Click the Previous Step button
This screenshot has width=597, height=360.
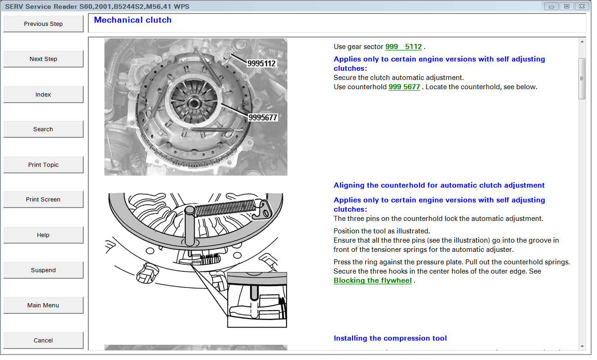43,24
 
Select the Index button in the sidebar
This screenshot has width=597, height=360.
43,94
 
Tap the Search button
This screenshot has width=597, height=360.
43,129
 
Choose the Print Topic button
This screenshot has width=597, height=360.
43,165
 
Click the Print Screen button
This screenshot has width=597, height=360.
43,199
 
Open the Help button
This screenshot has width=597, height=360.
43,235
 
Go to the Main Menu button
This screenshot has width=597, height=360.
43,305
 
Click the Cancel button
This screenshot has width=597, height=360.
43,340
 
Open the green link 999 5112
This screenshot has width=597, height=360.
403,47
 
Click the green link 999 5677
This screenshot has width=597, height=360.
404,87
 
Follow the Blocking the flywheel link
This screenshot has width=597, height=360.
372,281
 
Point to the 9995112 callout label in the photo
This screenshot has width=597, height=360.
261,63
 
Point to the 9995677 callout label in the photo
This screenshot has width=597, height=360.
263,117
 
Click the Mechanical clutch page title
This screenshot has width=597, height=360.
133,20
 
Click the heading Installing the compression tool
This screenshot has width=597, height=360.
390,338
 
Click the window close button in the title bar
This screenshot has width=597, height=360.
582,6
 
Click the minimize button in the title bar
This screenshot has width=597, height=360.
551,6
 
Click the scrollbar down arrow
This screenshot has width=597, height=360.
582,347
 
